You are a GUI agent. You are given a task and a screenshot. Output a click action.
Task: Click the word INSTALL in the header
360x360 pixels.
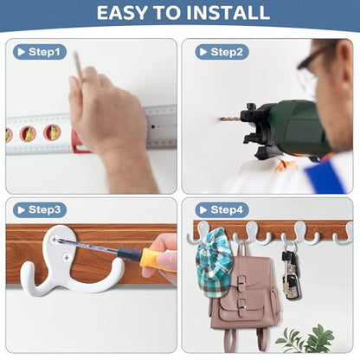point(228,13)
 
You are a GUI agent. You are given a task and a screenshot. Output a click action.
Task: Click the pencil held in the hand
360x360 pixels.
point(78,66)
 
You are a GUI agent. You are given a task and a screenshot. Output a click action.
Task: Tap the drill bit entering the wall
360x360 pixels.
point(229,119)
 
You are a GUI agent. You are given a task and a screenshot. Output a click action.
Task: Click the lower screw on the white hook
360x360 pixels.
point(67,258)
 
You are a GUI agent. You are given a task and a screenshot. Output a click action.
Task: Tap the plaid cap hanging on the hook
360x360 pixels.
point(214,262)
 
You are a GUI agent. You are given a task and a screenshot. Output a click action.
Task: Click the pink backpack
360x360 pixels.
point(244,297)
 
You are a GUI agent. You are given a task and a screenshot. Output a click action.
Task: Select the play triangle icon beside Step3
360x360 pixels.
point(21,210)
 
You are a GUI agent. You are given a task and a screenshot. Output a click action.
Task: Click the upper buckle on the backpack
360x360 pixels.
point(241,280)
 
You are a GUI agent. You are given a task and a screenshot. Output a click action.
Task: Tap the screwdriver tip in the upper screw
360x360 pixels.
point(55,239)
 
